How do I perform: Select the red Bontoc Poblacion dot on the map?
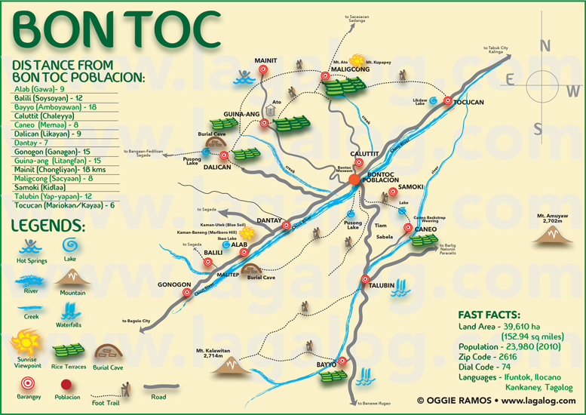[x=354, y=180]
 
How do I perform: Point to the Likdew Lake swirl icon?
[x=434, y=100]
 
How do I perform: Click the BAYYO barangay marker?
[x=342, y=361]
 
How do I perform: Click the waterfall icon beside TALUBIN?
[x=404, y=287]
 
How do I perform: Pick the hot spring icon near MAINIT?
[x=244, y=77]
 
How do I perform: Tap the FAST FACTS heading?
[x=489, y=314]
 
